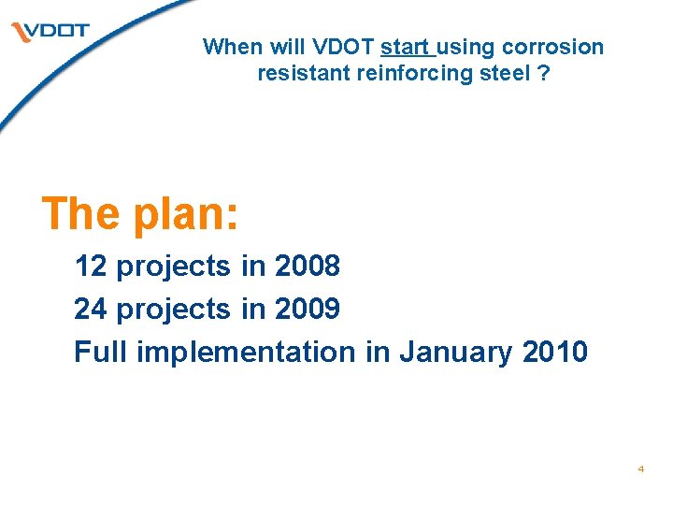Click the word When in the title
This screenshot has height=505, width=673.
[x=227, y=47]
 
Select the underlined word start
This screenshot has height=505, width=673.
[x=405, y=47]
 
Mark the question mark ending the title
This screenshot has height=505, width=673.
[x=542, y=72]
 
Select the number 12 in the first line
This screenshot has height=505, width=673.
[x=91, y=267]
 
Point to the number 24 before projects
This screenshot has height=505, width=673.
[x=91, y=309]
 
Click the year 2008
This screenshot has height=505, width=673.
[x=308, y=267]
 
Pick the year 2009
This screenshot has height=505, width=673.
[x=308, y=309]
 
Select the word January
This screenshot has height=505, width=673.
[x=455, y=353]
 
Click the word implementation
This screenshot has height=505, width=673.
[x=246, y=353]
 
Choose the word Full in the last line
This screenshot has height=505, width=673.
[x=101, y=352]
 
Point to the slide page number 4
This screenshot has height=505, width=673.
[x=641, y=469]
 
